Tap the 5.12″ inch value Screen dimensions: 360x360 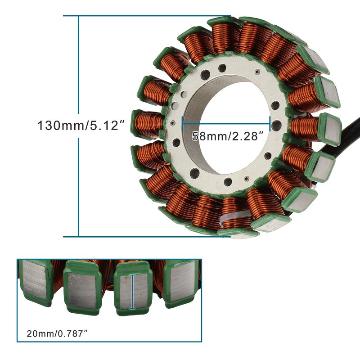click(x=106, y=125)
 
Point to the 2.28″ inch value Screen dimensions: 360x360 click(x=246, y=136)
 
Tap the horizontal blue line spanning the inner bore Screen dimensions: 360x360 click(x=225, y=123)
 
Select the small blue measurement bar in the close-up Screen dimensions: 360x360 click(x=132, y=292)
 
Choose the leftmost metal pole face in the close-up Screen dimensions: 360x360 click(x=34, y=280)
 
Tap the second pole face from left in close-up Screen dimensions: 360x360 click(x=81, y=288)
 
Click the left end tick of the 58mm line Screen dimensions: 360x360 click(x=182, y=123)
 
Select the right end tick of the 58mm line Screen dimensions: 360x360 click(x=270, y=123)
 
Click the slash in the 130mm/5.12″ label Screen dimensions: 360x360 click(x=87, y=125)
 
